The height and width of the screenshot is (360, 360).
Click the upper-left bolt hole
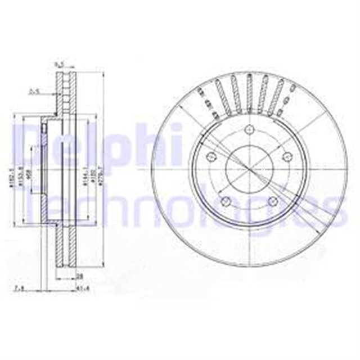211,156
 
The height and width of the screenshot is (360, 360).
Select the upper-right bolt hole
286,156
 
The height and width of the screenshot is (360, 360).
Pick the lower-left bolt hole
226,201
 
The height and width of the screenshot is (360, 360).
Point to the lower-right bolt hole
272,201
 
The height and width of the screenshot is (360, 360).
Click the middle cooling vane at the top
249,90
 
